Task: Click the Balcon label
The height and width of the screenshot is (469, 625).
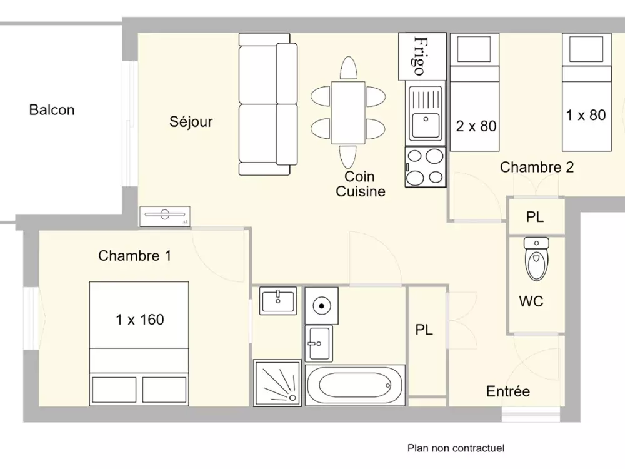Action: [x=52, y=110]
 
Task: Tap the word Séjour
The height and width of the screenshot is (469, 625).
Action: [x=191, y=122]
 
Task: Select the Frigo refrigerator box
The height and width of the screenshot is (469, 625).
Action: [x=422, y=55]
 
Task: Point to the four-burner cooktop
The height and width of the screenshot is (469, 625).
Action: [x=426, y=166]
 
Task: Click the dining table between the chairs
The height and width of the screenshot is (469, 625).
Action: [x=348, y=113]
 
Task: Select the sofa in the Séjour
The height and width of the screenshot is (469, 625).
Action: [x=267, y=104]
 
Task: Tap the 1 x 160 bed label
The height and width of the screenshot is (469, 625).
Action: [x=140, y=320]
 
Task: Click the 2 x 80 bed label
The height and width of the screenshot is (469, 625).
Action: [x=476, y=126]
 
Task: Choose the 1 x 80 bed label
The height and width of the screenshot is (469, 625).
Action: [x=586, y=115]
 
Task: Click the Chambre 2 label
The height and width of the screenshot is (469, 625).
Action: [x=536, y=167]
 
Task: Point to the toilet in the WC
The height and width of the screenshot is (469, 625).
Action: [x=536, y=258]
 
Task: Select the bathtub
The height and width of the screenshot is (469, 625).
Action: [x=354, y=385]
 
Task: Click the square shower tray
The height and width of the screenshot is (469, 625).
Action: [x=276, y=383]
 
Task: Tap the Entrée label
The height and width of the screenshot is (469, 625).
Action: [x=507, y=391]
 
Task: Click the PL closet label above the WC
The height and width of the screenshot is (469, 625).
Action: [x=534, y=218]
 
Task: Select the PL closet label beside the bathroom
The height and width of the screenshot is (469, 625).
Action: [x=424, y=330]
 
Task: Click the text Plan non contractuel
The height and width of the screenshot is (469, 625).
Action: [x=456, y=448]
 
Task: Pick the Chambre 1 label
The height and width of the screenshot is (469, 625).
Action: [x=134, y=256]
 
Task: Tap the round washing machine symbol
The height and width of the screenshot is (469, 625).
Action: [x=321, y=305]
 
